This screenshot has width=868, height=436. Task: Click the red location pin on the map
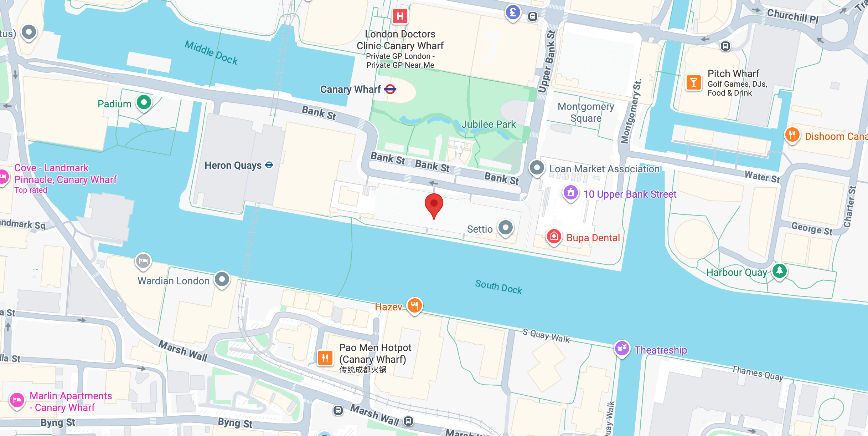(x=434, y=204)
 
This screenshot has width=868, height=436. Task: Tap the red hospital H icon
(x=400, y=16)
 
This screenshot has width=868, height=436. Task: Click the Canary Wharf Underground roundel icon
(x=390, y=89)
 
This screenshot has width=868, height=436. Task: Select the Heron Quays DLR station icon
(x=269, y=165)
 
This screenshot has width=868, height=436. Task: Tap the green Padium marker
(x=144, y=103)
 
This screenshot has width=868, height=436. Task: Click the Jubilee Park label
(x=488, y=124)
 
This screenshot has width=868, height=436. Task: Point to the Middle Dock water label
(x=211, y=53)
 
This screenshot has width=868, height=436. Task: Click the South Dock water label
(x=498, y=287)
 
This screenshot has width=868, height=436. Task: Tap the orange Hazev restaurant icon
(x=414, y=306)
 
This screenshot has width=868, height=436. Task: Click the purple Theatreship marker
(x=622, y=348)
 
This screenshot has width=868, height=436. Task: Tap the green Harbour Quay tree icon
(x=779, y=270)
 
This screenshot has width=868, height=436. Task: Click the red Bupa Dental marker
(x=554, y=237)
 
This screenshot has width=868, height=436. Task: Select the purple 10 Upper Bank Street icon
(x=570, y=193)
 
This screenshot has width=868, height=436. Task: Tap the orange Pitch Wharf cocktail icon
(x=693, y=83)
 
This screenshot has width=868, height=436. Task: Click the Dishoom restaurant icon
(x=792, y=135)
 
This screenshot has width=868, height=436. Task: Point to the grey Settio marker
(x=505, y=227)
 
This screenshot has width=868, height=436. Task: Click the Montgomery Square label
(x=586, y=112)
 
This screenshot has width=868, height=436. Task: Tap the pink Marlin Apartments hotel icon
(x=17, y=400)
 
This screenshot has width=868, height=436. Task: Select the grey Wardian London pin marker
(x=222, y=279)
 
